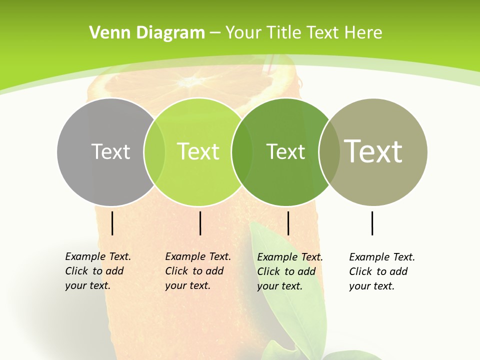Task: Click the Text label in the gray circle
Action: [x=110, y=151]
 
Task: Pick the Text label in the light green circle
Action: [x=198, y=151]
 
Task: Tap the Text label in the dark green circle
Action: [x=285, y=151]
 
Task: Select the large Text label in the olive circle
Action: [x=373, y=151]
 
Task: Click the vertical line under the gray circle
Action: [x=112, y=223]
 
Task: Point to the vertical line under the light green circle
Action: [x=200, y=223]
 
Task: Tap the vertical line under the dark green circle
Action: [x=288, y=223]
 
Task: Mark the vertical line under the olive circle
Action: [x=372, y=223]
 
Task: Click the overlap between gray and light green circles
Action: [x=154, y=152]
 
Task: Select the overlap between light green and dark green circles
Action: [x=242, y=152]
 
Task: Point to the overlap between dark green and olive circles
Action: [x=329, y=152]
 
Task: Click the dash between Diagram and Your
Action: [x=215, y=32]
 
